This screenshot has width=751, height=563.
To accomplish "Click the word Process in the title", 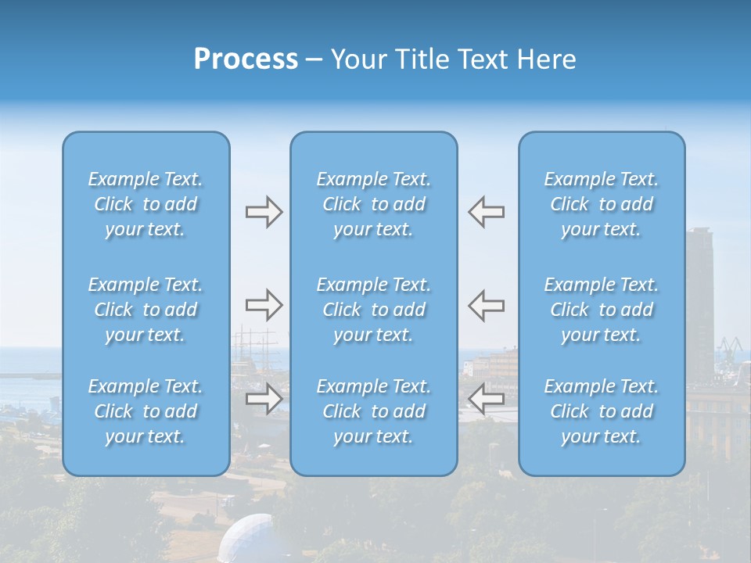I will [x=246, y=59].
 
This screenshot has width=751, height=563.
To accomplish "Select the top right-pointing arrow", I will [x=264, y=212].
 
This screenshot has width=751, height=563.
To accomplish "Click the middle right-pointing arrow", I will [x=264, y=305].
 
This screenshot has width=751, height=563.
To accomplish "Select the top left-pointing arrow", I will [x=486, y=212].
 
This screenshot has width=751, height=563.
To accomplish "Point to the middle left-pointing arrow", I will [x=486, y=305].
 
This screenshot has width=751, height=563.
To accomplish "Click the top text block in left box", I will [x=146, y=204].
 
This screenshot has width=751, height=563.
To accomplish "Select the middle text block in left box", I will [x=146, y=310].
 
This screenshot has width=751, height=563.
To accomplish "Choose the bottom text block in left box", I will [x=146, y=411].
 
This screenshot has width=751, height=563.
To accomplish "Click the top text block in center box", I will [x=374, y=204].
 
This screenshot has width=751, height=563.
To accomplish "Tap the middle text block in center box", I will [x=374, y=310].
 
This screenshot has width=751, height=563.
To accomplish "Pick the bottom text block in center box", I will [x=374, y=411].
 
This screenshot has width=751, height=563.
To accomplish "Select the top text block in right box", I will [x=602, y=204].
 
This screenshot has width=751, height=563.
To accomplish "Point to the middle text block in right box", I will [x=602, y=310].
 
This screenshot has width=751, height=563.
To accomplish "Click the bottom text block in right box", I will [x=602, y=411].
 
